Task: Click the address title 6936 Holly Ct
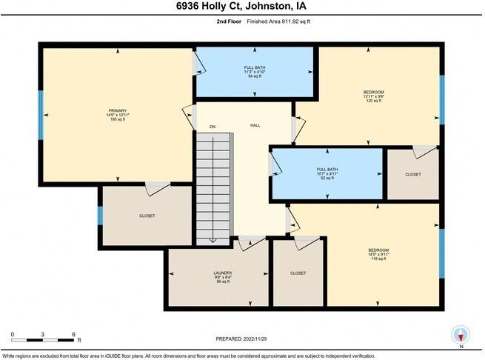pos(242,7)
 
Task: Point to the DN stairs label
pos(212,127)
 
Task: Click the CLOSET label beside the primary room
pos(147,216)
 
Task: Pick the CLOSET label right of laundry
pos(298,273)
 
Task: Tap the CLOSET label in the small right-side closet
pos(412,175)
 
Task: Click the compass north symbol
pos(461,334)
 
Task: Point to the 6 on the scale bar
pos(74,335)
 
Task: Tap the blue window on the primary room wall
pos(41,116)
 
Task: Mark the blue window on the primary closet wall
pos(100,216)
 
